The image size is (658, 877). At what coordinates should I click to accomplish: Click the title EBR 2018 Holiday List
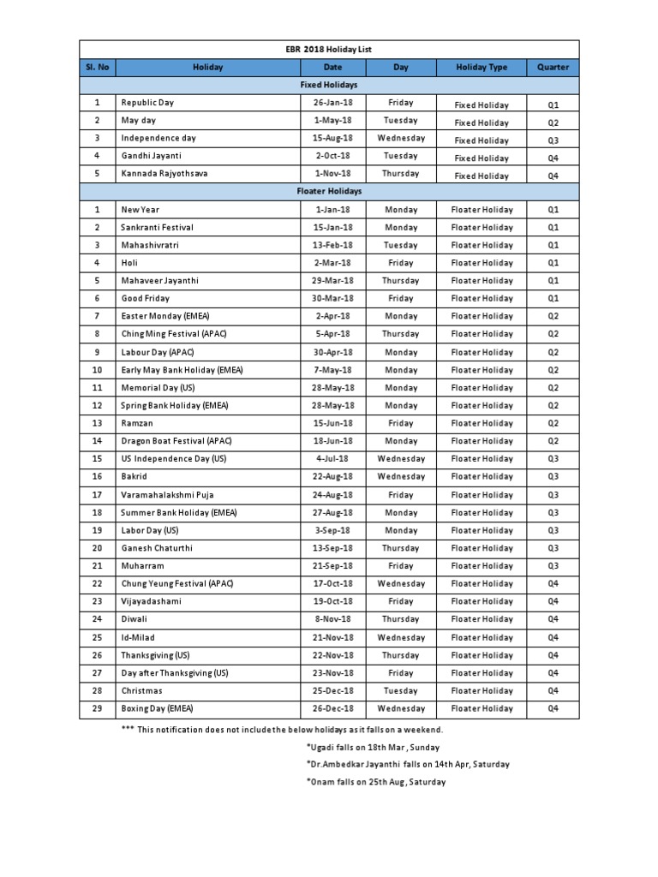(330, 50)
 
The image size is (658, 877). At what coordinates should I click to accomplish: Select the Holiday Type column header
(481, 68)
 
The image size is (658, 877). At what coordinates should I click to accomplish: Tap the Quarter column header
(553, 68)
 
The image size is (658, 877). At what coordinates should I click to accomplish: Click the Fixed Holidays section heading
(329, 86)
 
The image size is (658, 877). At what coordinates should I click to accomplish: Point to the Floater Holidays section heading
(329, 192)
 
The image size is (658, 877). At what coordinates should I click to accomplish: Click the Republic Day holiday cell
(147, 103)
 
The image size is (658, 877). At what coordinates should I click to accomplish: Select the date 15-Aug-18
(332, 139)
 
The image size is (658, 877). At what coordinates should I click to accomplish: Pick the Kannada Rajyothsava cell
(164, 174)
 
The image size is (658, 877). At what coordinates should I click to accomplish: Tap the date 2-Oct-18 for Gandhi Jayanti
(332, 157)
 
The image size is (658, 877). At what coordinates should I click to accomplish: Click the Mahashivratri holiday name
(151, 245)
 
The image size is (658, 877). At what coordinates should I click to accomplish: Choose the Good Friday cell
(146, 299)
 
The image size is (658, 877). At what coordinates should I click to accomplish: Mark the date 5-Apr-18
(332, 334)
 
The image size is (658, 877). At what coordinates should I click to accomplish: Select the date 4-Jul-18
(332, 459)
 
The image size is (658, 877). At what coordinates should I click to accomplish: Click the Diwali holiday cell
(135, 619)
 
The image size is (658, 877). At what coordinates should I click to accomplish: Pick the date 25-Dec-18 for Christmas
(332, 690)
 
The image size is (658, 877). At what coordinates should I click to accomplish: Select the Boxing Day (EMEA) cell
(158, 708)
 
